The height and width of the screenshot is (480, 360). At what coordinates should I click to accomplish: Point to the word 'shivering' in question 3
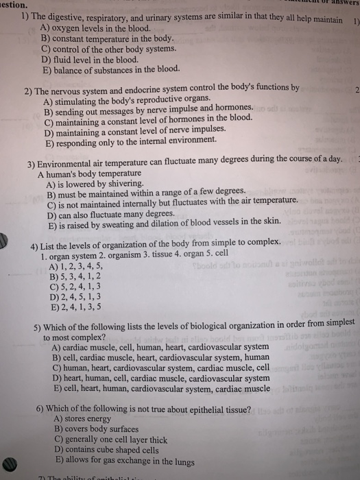tap(126, 184)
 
